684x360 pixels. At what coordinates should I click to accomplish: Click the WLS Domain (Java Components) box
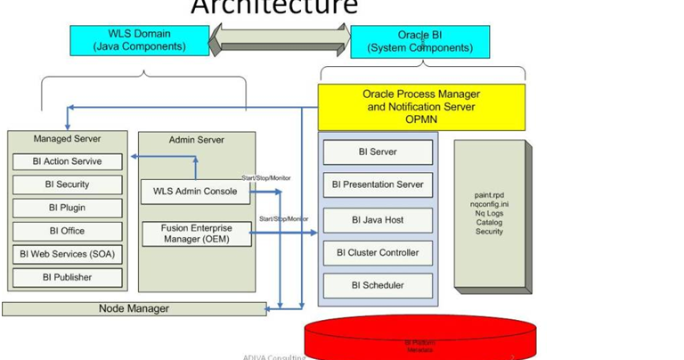140,40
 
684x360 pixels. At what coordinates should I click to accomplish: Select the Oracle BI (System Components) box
420,42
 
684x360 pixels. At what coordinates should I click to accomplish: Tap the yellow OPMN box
421,107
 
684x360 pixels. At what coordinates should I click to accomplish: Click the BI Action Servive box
67,162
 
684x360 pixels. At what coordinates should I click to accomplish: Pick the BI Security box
67,184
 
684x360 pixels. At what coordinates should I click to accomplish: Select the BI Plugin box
67,208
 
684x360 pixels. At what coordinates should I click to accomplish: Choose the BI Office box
67,231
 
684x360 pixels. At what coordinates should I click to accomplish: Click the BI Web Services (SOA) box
67,254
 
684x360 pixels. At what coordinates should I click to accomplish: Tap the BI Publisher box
67,277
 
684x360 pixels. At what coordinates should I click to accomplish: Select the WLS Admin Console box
196,192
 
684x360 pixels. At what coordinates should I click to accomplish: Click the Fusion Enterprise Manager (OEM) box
197,233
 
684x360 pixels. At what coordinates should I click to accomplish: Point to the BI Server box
378,152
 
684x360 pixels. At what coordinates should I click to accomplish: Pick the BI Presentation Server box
378,185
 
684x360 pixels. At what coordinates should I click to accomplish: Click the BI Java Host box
378,220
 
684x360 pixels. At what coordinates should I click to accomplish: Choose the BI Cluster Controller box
378,253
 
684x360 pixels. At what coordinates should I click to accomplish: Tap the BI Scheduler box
378,286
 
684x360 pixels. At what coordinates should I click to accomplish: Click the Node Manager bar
134,309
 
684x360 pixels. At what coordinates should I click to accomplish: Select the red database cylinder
420,338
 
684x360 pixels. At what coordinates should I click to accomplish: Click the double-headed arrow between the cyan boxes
280,39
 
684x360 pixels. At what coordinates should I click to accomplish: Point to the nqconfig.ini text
489,204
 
